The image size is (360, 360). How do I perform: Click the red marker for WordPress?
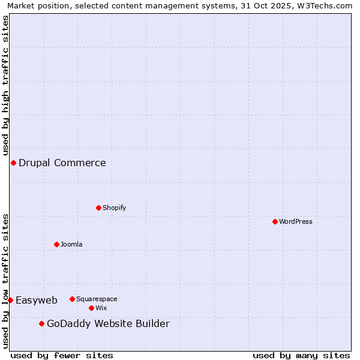coord(275,221)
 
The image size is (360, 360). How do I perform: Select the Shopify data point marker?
coord(98,208)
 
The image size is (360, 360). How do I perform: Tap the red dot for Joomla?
coord(56,244)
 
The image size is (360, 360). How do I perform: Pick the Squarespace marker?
coord(72,299)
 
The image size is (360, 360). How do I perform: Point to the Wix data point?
coord(91,308)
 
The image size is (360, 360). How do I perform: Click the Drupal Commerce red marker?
coord(13,163)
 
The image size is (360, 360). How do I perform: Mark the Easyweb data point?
coord(10,300)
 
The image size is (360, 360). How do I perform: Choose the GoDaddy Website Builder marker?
coord(41,324)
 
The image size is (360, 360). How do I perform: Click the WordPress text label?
coord(296,221)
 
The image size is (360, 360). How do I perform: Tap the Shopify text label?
coord(114,208)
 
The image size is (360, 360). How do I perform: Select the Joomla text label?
coord(71,244)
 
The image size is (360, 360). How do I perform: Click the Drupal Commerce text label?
coord(62,163)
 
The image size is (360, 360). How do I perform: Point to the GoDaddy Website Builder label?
coord(108,324)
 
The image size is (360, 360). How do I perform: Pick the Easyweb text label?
coord(37,300)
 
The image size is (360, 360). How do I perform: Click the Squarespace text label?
coord(97,299)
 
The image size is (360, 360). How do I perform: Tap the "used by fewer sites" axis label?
coord(62,355)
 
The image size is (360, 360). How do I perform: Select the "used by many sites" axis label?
coord(301,355)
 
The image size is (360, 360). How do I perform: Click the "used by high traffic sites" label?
coord(5,85)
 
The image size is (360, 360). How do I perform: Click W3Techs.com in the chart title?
coord(326,5)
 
